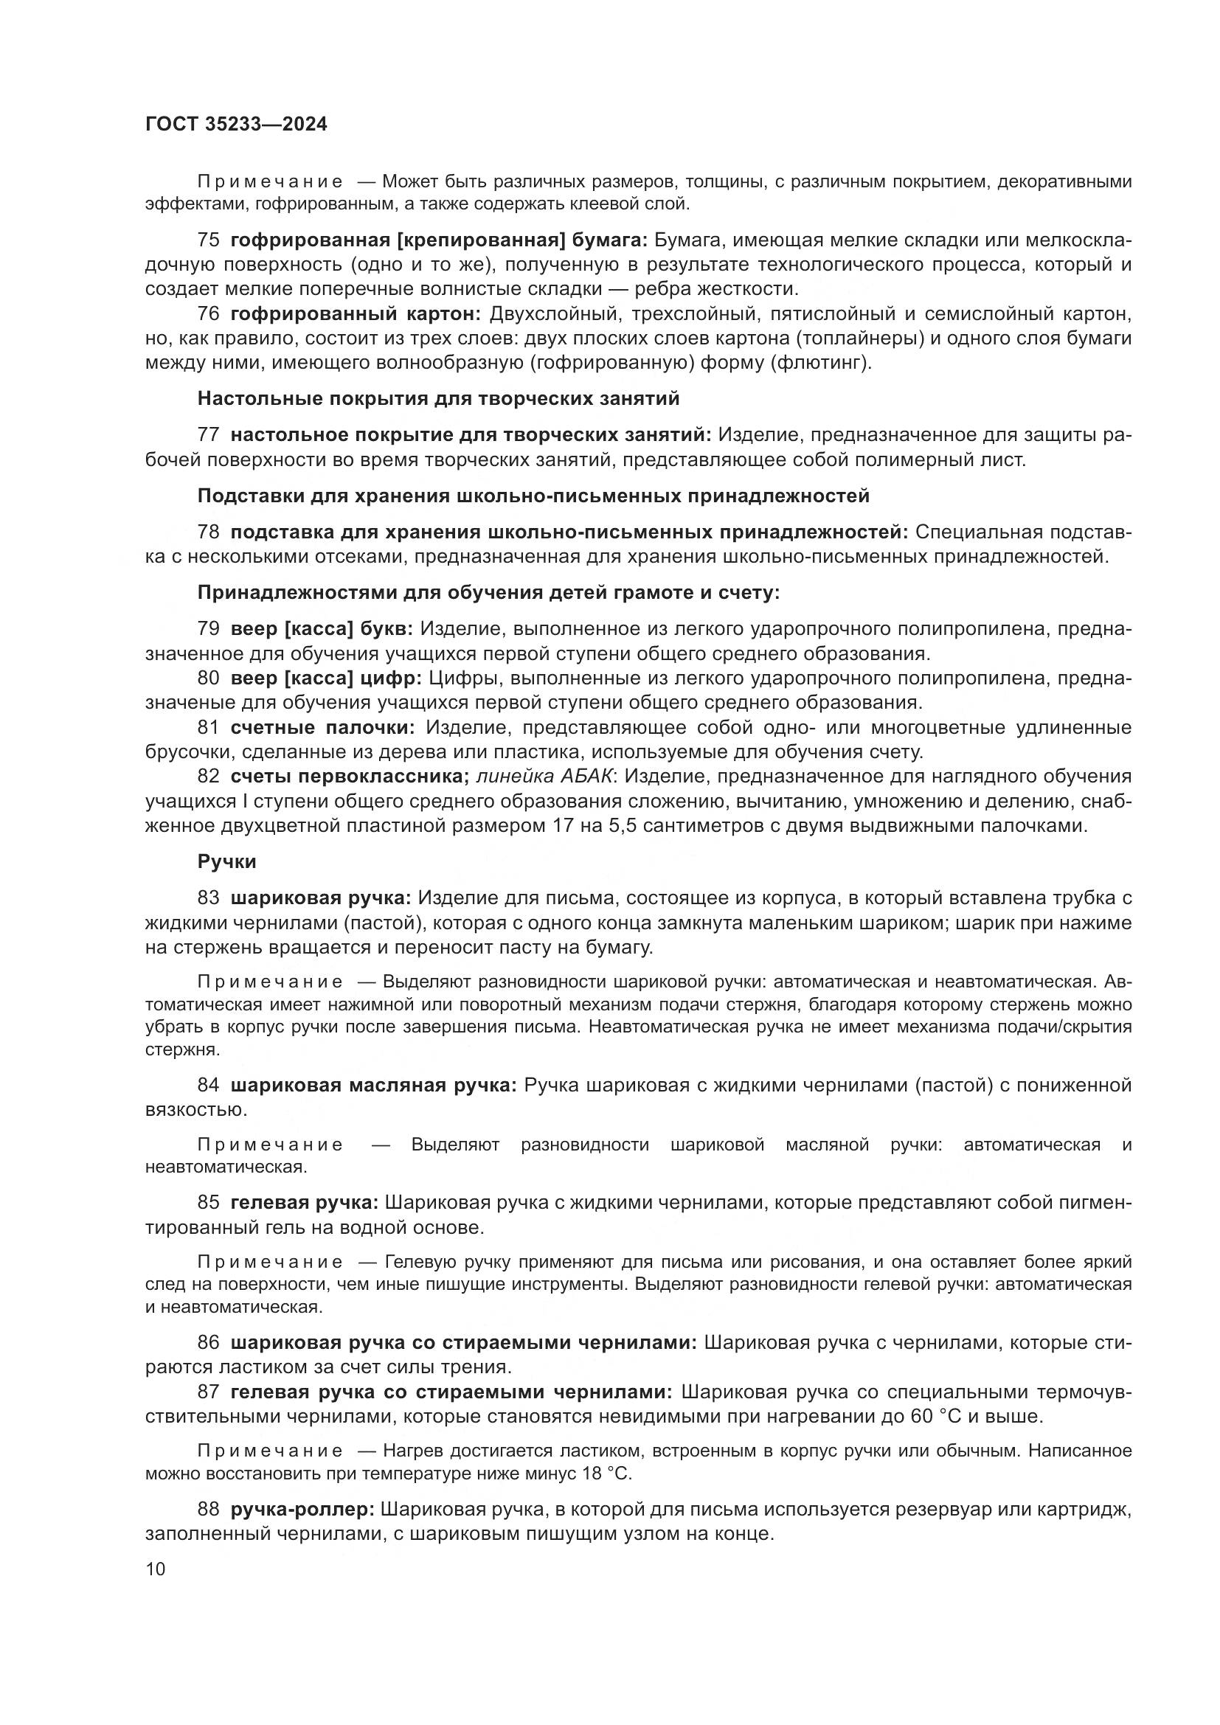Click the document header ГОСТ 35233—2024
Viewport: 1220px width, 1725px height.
tap(236, 125)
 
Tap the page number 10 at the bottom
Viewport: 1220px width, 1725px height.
tap(155, 1569)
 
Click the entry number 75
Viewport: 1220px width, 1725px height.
tap(208, 240)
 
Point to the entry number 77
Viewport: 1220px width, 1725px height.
tap(208, 435)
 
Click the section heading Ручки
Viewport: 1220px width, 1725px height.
tap(227, 861)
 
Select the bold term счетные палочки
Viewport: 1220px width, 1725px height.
tap(322, 728)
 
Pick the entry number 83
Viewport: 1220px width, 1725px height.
tap(208, 898)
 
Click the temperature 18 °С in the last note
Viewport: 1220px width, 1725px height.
tap(606, 1474)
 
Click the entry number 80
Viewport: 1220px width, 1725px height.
tap(208, 678)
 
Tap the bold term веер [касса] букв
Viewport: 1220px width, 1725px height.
tap(322, 629)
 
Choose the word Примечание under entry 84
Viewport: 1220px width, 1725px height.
tap(270, 1145)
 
